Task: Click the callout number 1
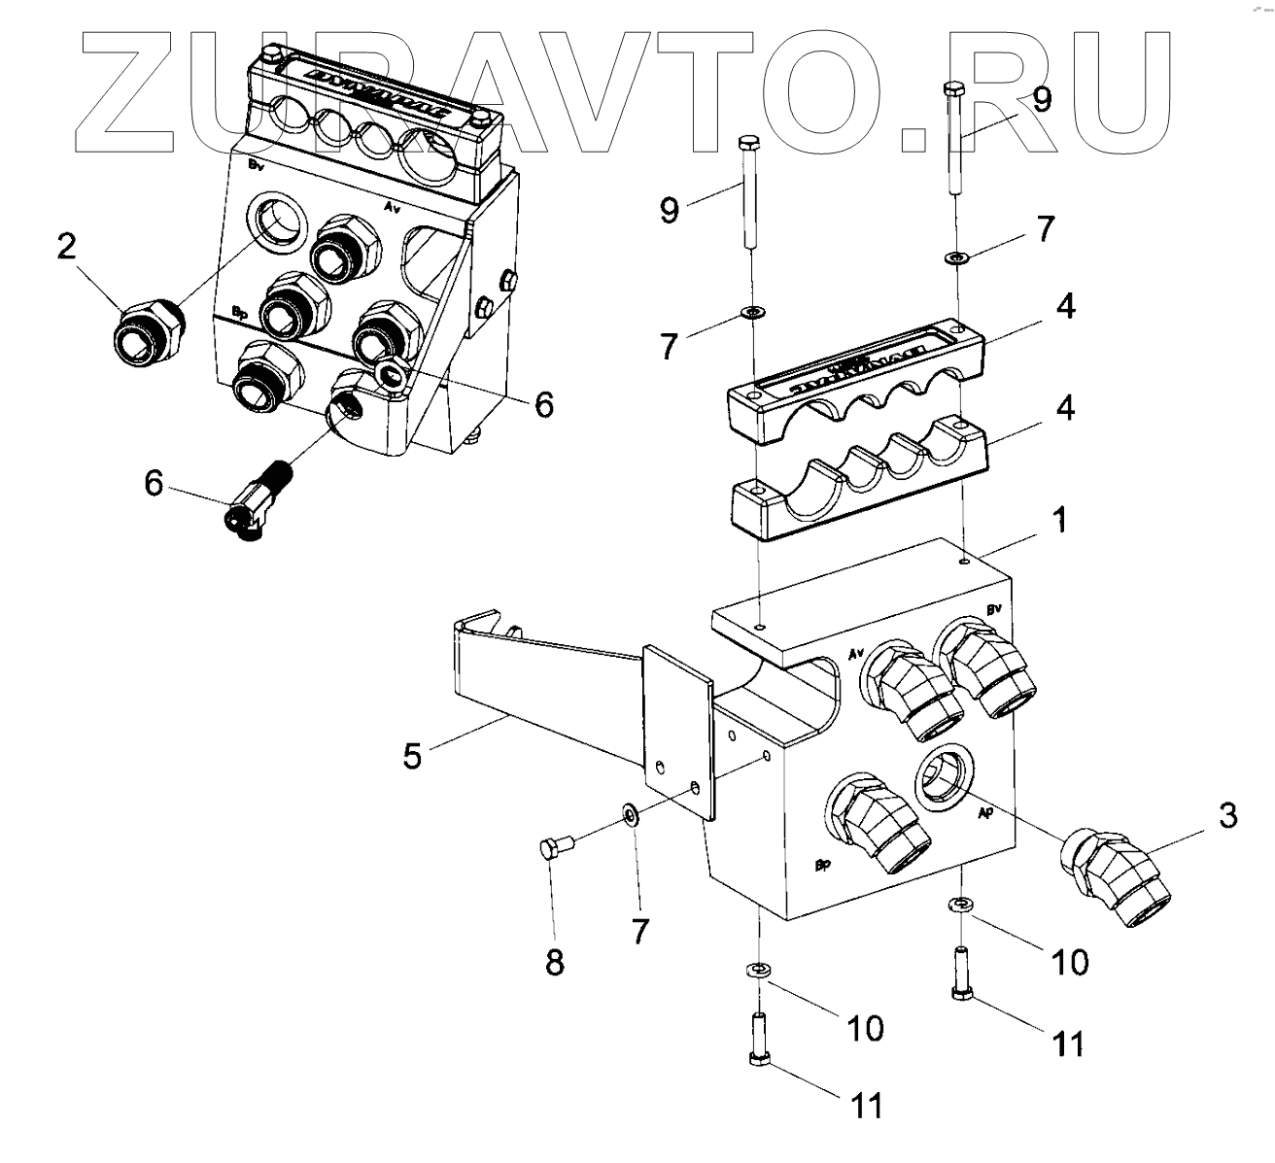point(1060,522)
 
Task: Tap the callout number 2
point(65,247)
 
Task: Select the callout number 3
point(1228,816)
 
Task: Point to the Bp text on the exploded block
point(821,864)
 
